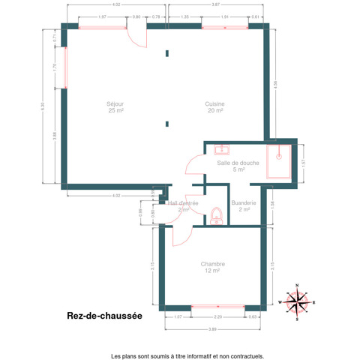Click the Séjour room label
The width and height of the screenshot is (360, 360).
click(x=115, y=107)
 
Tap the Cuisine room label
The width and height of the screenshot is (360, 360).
click(x=215, y=107)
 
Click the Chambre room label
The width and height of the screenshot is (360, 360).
click(x=213, y=267)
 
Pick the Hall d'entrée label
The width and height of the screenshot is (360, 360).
click(x=183, y=206)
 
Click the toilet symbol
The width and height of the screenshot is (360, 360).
click(x=216, y=217)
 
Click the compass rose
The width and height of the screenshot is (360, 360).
click(x=298, y=301)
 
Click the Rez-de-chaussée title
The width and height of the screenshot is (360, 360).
click(x=104, y=316)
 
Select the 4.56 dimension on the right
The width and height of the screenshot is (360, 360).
click(x=276, y=84)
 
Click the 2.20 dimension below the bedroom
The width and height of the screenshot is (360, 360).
click(x=218, y=317)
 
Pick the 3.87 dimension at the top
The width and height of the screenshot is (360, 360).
click(x=216, y=4)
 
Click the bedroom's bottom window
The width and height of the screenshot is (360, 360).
click(x=218, y=307)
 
